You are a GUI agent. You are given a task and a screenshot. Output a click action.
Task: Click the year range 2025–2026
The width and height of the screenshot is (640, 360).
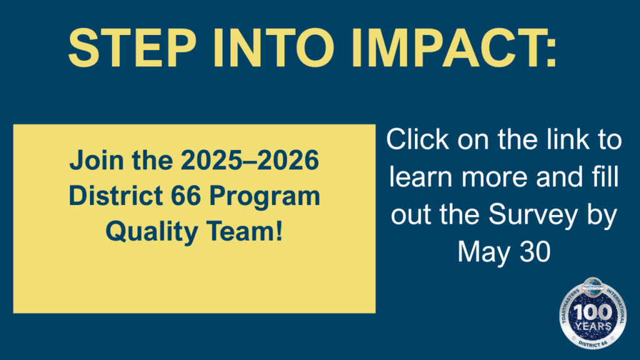point(250,160)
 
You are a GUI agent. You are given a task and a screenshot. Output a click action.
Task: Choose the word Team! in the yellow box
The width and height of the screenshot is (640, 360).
point(244,231)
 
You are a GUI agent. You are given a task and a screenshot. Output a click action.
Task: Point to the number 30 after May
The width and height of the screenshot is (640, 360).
point(535,251)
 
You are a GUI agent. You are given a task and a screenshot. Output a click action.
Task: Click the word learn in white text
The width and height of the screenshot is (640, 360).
point(421,177)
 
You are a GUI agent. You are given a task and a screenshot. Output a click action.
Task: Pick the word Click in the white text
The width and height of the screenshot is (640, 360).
point(417,139)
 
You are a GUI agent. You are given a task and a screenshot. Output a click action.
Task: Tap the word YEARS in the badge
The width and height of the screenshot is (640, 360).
point(593,326)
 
